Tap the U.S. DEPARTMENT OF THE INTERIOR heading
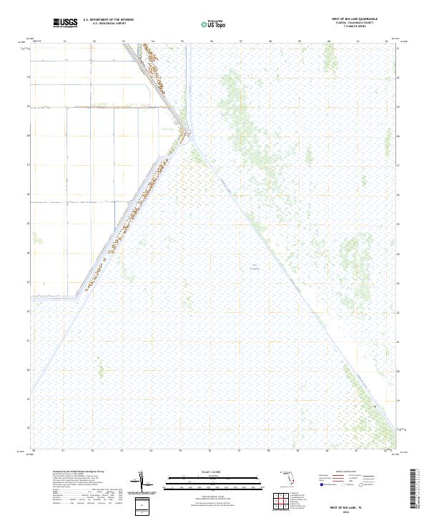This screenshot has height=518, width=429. (108, 19)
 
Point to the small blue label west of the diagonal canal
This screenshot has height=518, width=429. (255, 267)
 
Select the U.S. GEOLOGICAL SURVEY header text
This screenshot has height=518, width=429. (108, 23)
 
